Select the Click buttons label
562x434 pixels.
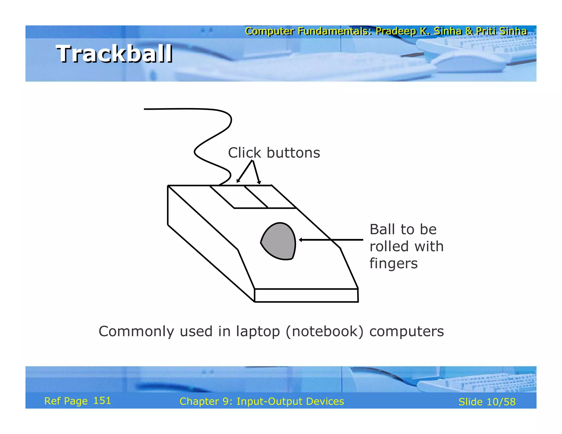[274, 153]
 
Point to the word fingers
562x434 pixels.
[394, 264]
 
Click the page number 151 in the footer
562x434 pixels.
[102, 401]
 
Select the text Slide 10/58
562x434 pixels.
[487, 402]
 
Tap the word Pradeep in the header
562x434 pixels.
[395, 31]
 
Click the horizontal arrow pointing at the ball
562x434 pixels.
[331, 240]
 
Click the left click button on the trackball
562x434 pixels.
[239, 196]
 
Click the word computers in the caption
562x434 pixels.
[406, 331]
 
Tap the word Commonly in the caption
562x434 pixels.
[136, 331]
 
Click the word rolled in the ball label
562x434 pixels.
[389, 246]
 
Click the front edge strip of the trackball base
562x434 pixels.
[306, 295]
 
